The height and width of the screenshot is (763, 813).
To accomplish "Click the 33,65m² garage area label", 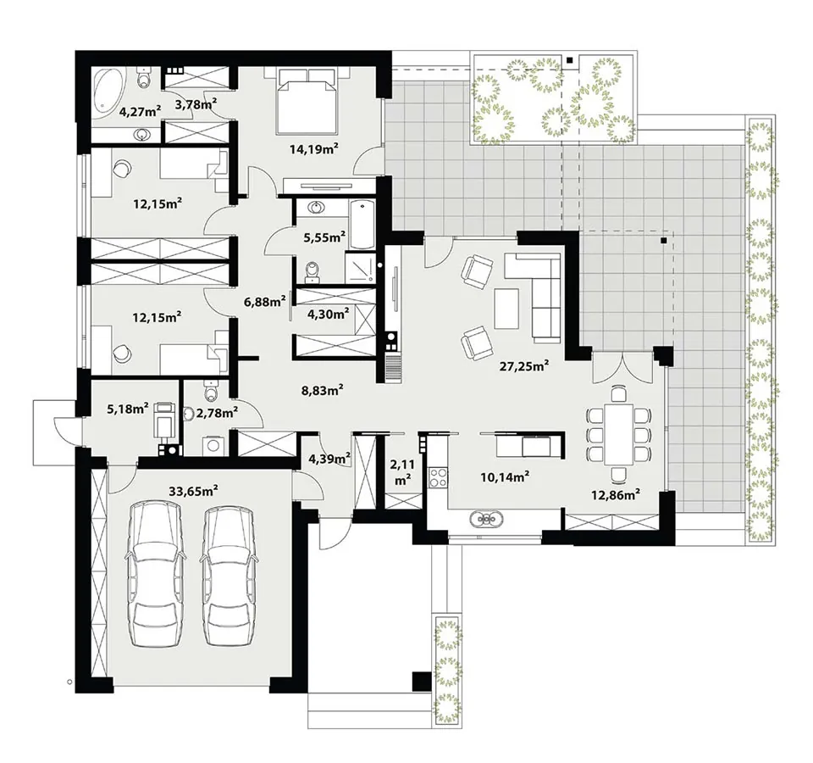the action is [x=193, y=490].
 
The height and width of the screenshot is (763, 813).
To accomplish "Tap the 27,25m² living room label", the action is [x=524, y=366].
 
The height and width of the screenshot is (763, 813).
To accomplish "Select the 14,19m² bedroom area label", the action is [x=313, y=150].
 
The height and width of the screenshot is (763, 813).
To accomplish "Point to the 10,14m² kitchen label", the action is [x=505, y=476].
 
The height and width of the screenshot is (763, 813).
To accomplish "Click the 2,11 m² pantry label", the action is [x=403, y=472].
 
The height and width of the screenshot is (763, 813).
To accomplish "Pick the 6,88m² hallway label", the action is [x=265, y=301].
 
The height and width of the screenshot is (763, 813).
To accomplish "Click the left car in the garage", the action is [x=154, y=574].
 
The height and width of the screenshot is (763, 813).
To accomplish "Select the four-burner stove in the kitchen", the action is [x=438, y=477].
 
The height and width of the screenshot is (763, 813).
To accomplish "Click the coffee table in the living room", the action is [x=506, y=309].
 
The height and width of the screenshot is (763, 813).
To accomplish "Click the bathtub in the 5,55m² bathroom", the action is [x=362, y=225].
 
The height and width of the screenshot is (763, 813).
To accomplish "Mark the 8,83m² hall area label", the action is [x=323, y=390].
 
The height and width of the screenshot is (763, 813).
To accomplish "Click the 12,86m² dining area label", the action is [x=616, y=494].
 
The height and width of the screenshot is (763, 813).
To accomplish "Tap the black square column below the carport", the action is [x=421, y=682].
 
